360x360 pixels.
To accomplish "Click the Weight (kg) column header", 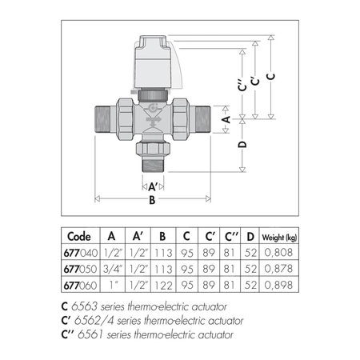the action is pyautogui.click(x=279, y=237).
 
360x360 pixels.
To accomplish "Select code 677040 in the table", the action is pyautogui.click(x=81, y=253).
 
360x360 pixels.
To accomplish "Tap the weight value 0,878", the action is pyautogui.click(x=278, y=269).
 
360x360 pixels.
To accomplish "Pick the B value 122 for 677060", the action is pyautogui.click(x=163, y=286).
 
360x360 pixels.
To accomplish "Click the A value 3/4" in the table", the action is pyautogui.click(x=113, y=269).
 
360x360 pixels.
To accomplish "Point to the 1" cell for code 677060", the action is pyautogui.click(x=113, y=285).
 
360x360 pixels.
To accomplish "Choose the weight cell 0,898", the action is pyautogui.click(x=278, y=285).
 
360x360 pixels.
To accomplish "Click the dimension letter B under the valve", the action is pyautogui.click(x=152, y=200).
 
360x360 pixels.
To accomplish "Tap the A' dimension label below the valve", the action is pyautogui.click(x=153, y=186).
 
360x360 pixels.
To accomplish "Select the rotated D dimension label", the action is pyautogui.click(x=242, y=144).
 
